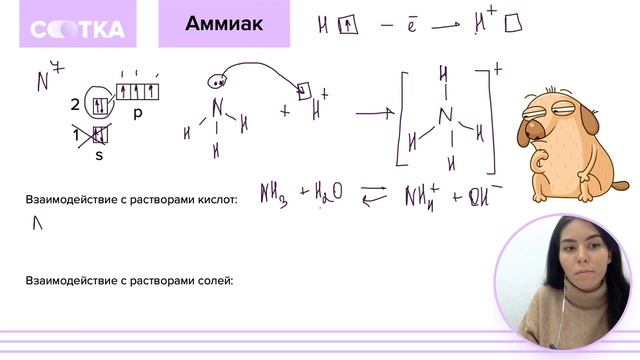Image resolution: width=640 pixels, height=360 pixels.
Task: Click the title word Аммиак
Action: coord(224,24)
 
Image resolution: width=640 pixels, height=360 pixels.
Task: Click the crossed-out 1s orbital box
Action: coord(99,135)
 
